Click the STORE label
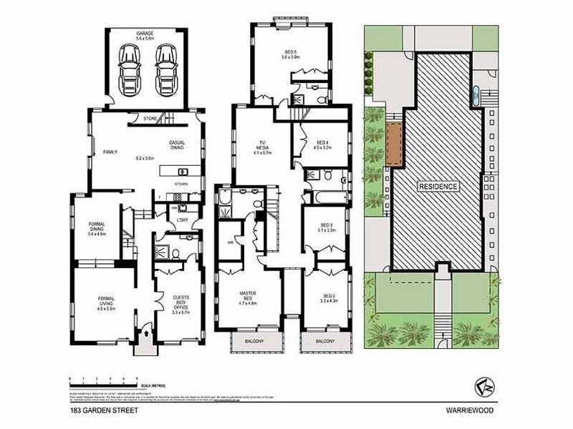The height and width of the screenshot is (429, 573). (150, 118)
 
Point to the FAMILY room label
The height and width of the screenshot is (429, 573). (110, 152)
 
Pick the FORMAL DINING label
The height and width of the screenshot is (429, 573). (97, 227)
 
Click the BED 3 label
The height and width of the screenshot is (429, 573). (327, 228)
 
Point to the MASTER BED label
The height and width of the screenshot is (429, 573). (248, 298)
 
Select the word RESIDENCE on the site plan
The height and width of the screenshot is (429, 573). (438, 185)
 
